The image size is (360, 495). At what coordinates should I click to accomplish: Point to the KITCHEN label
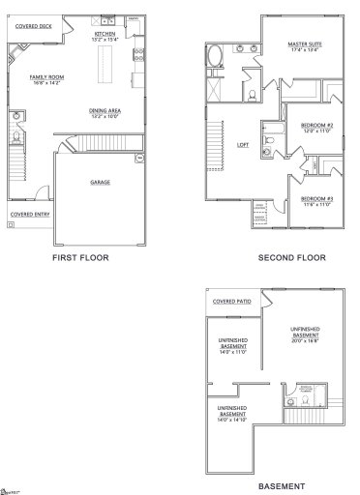click(x=105, y=34)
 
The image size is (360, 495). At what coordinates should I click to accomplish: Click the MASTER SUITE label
click(x=305, y=44)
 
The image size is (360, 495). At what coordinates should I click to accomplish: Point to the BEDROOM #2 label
click(x=316, y=126)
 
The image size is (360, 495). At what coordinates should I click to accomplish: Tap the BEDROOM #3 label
click(x=315, y=199)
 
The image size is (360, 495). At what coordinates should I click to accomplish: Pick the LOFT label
click(x=243, y=147)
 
